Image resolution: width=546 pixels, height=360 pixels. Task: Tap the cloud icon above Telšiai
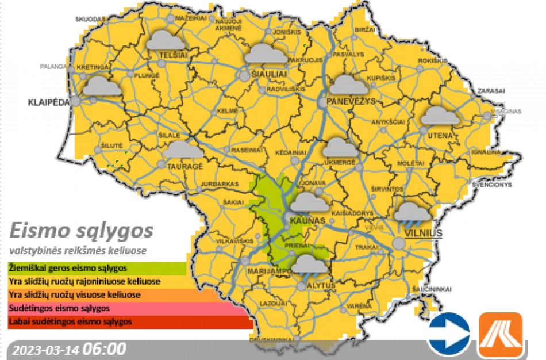(165, 41)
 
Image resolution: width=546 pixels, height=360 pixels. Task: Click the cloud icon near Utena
(440, 116)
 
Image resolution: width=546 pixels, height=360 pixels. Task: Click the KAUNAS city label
(308, 221)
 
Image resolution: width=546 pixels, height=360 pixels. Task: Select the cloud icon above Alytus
(310, 265)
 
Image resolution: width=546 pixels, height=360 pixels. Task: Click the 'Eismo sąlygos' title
(82, 231)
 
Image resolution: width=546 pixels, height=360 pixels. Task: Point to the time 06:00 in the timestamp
(105, 349)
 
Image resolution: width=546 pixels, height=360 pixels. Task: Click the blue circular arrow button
(448, 334)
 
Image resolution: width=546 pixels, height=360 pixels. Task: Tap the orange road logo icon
(501, 334)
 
